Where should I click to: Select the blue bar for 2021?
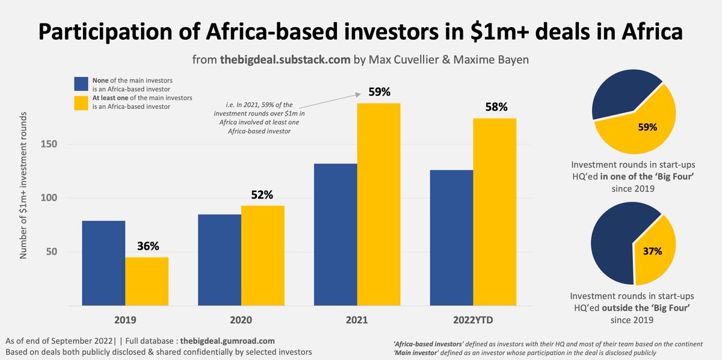(335, 235)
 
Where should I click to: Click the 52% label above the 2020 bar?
(262, 194)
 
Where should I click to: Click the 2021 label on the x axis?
(357, 320)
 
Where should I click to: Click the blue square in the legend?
(81, 84)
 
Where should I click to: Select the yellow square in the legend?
(81, 102)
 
